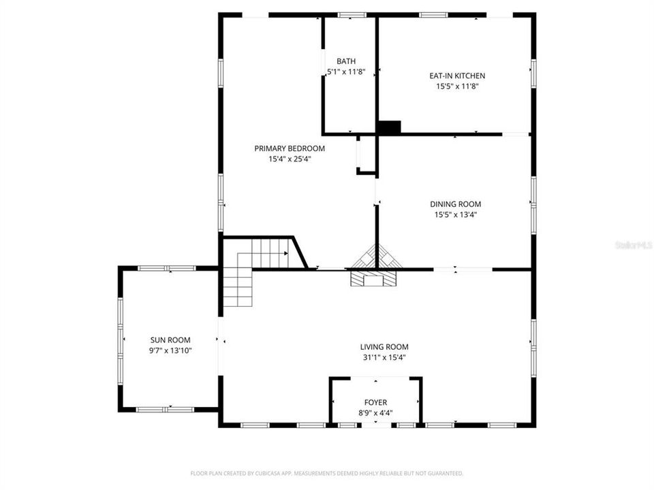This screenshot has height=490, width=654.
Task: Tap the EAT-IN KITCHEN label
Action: click(x=457, y=76)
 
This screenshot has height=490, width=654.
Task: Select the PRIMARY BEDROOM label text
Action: click(x=290, y=148)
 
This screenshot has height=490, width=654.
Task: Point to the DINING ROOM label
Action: click(x=455, y=203)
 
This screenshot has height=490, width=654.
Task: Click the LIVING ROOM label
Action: click(x=385, y=346)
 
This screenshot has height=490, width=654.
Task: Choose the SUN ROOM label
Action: click(x=170, y=340)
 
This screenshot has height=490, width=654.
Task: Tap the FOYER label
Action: click(x=375, y=402)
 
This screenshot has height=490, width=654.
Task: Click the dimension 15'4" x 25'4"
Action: click(x=290, y=159)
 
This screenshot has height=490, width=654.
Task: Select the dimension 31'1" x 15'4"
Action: click(x=385, y=357)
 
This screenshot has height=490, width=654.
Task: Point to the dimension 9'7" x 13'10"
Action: click(x=170, y=350)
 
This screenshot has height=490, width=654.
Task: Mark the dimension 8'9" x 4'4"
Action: click(x=375, y=412)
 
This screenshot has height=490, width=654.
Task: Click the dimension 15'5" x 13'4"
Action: click(x=455, y=214)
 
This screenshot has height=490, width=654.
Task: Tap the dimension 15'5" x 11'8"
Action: click(x=457, y=86)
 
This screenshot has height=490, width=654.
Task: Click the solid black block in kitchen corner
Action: click(x=390, y=127)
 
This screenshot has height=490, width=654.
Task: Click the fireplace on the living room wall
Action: click(x=372, y=279)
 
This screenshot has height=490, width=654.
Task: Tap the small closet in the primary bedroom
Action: click(x=366, y=155)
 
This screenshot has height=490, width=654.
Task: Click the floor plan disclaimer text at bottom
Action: click(x=327, y=473)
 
